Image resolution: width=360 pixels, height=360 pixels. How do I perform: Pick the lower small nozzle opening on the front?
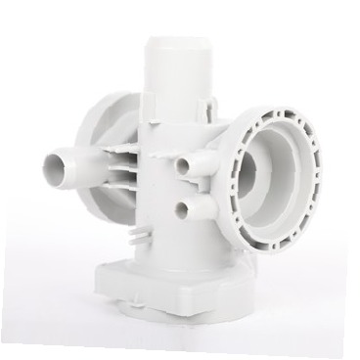click(x=181, y=207)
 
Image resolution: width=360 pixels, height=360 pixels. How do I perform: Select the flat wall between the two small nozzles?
click(x=196, y=189)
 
